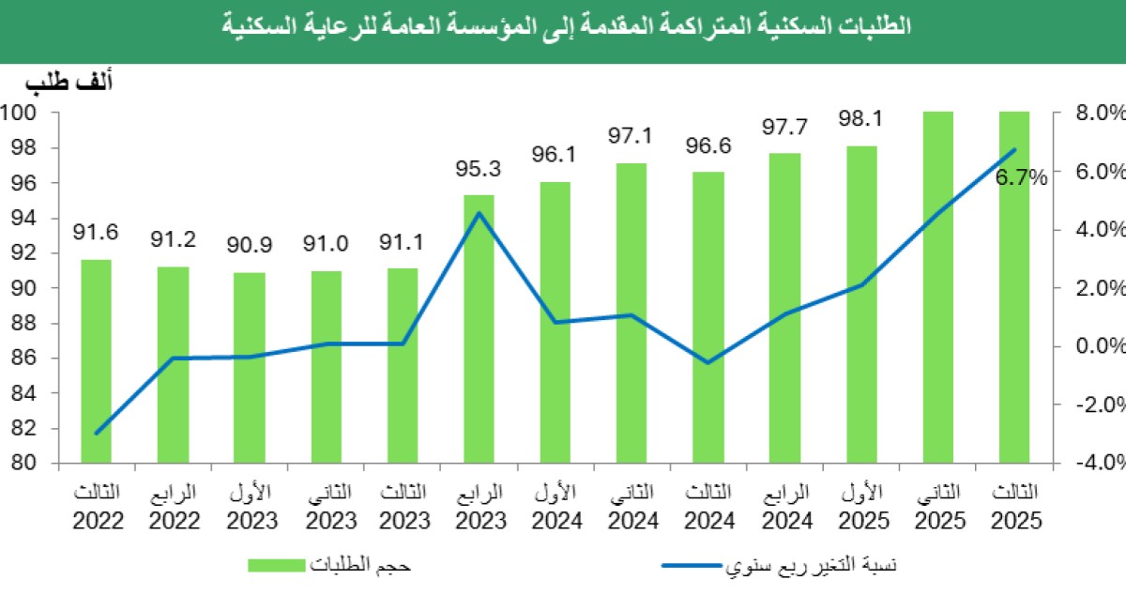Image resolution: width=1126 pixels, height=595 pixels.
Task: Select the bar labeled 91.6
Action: pyautogui.click(x=96, y=361)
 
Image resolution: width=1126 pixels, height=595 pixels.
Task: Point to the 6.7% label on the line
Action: pyautogui.click(x=1021, y=176)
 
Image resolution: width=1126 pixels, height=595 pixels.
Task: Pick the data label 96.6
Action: pyautogui.click(x=708, y=146)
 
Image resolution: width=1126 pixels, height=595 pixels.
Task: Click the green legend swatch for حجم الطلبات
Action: pyautogui.click(x=277, y=565)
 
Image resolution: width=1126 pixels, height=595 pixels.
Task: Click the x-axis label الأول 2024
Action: pyautogui.click(x=555, y=507)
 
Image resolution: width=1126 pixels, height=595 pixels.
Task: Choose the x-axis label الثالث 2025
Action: pyautogui.click(x=1015, y=507)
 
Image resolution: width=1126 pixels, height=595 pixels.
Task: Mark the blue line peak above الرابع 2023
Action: pyautogui.click(x=479, y=213)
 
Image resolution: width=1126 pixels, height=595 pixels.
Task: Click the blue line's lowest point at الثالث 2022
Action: pyautogui.click(x=96, y=434)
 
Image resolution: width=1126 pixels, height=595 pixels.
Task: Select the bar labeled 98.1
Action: pyautogui.click(x=861, y=305)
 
